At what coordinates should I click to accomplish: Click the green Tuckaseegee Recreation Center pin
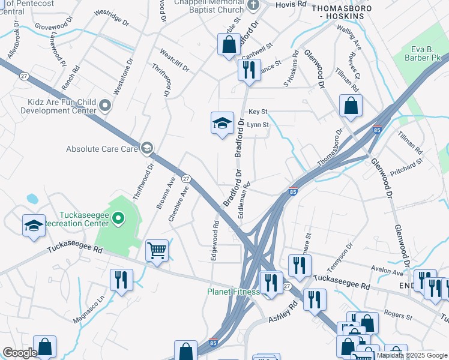tap(118, 218)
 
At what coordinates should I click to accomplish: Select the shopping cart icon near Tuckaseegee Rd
tap(157, 250)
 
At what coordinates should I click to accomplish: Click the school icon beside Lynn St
tap(221, 123)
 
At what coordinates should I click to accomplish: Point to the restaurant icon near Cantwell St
tap(246, 69)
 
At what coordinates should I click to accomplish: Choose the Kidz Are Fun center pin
tap(106, 106)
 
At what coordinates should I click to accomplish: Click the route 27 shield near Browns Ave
tap(187, 178)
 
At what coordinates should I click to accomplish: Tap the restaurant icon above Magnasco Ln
tap(121, 280)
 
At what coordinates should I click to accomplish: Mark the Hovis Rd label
tap(291, 4)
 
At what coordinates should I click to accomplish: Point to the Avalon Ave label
tap(390, 272)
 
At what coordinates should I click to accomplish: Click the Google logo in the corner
tap(20, 353)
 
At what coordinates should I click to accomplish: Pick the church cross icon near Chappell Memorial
tap(253, 5)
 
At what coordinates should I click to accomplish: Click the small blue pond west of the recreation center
tap(32, 198)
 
